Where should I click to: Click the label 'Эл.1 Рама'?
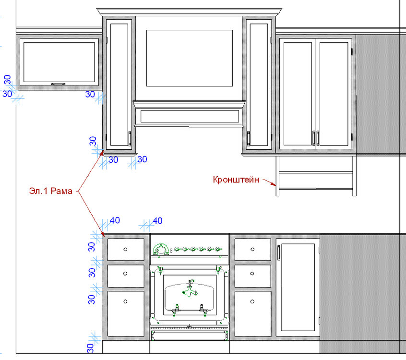coord(51,191)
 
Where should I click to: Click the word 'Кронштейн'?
coord(236,180)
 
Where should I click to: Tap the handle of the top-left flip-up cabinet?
coord(58,84)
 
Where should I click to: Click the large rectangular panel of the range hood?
coord(190,58)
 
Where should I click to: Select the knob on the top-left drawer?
coord(125,249)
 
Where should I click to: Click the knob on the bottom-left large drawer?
coord(125,301)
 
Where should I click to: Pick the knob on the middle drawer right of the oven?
coord(252,274)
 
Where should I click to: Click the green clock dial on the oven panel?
coord(161,250)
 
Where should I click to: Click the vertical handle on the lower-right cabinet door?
coord(279,253)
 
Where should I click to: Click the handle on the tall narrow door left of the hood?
coord(130,139)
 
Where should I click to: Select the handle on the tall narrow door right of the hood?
coord(248,139)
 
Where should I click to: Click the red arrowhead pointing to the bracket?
coord(274,184)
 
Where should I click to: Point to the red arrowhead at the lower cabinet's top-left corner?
coord(103,234)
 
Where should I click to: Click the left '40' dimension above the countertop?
coord(115,220)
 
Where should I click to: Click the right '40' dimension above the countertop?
coord(157,221)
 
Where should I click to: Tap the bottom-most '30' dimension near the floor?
coord(90,348)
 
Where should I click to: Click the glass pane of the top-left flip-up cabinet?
coord(59,62)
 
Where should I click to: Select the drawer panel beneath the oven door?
coord(190,336)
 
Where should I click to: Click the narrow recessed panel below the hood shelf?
coord(190,116)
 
